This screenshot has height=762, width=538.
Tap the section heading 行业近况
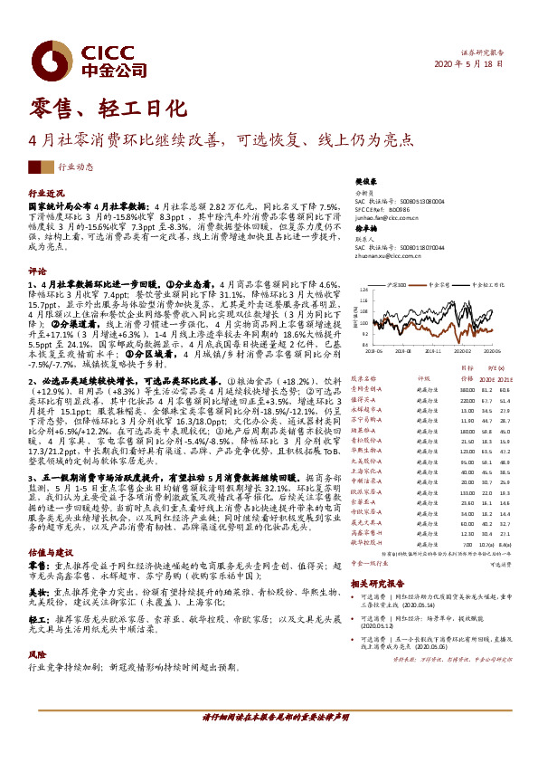click(x=46, y=194)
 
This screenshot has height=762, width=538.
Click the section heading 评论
click(x=37, y=271)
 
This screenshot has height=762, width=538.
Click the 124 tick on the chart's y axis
click(x=363, y=290)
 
